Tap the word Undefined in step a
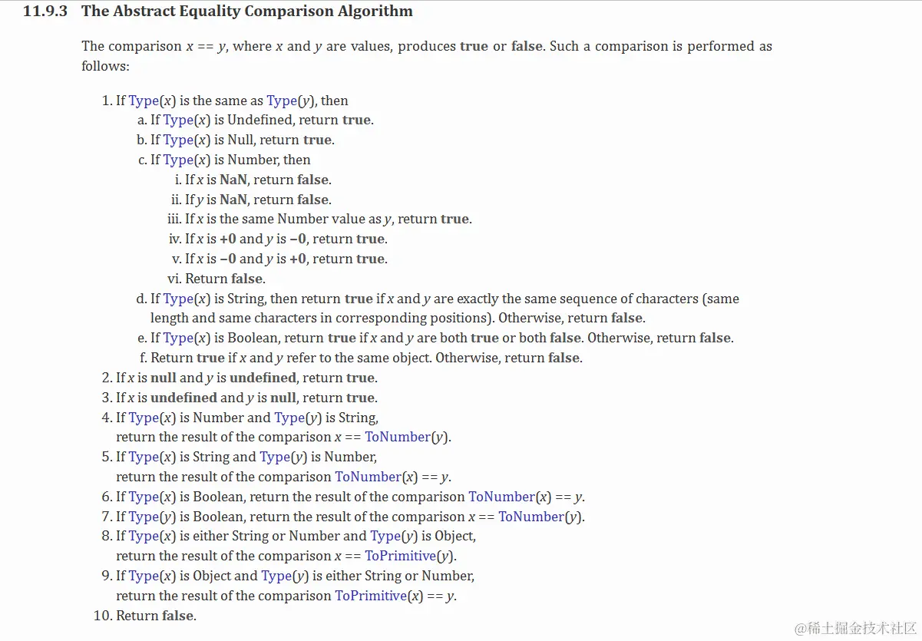coord(259,120)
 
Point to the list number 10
coord(102,616)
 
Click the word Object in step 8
coord(454,536)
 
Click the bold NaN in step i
coord(233,180)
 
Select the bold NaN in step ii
coord(233,200)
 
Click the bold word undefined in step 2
coord(263,378)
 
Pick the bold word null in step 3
coord(282,398)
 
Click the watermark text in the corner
coord(855,628)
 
